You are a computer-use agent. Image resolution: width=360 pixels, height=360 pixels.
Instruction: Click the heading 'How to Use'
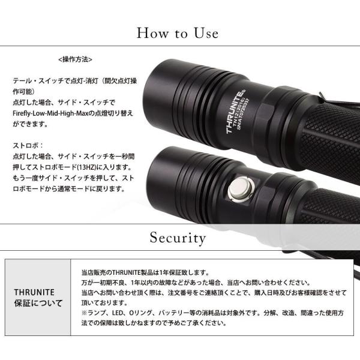pos(177,33)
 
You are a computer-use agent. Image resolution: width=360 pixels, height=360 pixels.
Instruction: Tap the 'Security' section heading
pos(178,238)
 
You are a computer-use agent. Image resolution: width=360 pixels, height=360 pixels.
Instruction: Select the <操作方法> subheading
pos(76,59)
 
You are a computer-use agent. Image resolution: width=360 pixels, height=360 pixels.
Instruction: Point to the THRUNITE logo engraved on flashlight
pos(235,112)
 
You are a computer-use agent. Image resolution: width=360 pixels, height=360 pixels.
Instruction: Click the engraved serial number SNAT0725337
pos(244,115)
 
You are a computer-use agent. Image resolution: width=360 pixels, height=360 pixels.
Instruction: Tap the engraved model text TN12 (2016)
pos(238,113)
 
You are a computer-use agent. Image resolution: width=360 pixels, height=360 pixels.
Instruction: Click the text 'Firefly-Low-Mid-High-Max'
pos(50,113)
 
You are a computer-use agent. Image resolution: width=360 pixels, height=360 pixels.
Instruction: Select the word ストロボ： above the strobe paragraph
pos(28,146)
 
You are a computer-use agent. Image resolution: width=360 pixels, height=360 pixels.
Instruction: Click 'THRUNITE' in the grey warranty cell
pos(34,292)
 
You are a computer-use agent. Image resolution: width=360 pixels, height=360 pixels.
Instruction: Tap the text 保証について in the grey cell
pos(38,303)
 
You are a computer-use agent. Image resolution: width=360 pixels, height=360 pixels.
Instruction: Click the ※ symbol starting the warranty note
pos(84,313)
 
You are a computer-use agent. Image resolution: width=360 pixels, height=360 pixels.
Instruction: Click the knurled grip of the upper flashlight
pos(331,138)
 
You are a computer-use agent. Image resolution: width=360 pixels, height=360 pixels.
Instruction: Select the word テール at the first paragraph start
pos(22,81)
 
